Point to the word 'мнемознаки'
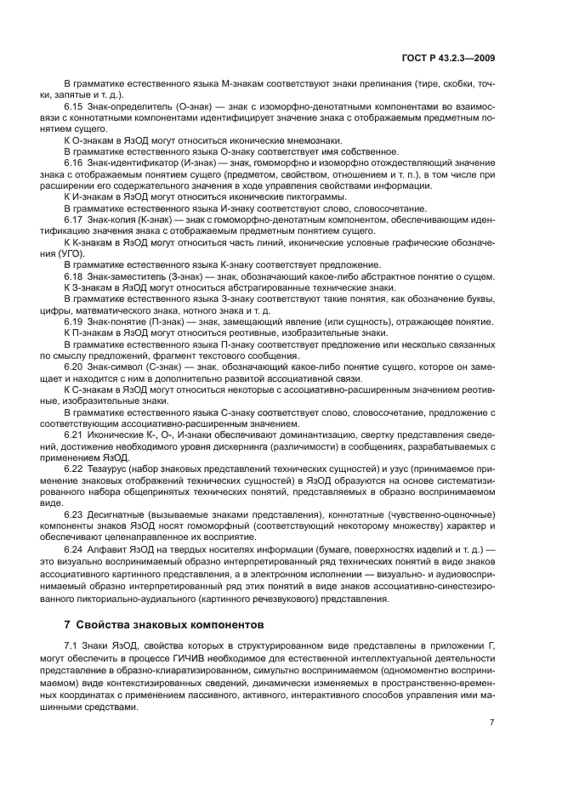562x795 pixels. click(x=314, y=140)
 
